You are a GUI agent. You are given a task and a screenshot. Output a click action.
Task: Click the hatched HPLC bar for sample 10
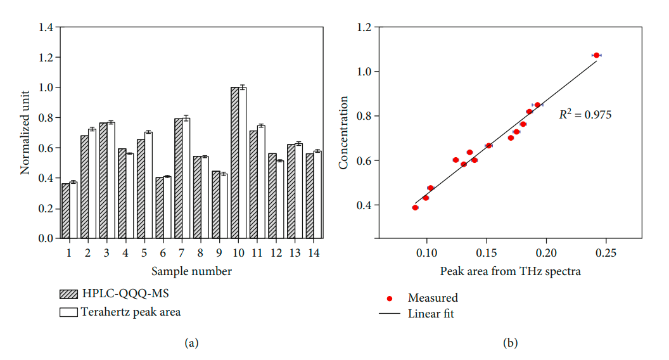(x=235, y=163)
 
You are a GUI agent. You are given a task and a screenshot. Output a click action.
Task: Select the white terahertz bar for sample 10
(x=242, y=163)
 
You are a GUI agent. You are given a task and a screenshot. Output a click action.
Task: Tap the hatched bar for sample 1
(x=65, y=211)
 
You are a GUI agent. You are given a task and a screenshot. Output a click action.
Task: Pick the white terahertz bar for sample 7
(x=186, y=178)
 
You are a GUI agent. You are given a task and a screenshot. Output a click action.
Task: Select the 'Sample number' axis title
(x=191, y=272)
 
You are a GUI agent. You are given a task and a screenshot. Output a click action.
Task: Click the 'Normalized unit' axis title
(x=26, y=133)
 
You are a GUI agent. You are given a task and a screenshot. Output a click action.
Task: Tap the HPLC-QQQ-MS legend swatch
(x=68, y=294)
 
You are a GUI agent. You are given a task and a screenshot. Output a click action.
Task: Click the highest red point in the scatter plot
(x=596, y=55)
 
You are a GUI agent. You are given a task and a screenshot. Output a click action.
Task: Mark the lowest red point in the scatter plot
(x=415, y=207)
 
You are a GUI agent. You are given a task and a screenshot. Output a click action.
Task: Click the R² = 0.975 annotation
(x=585, y=115)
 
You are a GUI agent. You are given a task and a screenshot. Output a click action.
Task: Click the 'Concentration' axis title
(x=344, y=132)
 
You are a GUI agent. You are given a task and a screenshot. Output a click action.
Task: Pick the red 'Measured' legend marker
(x=390, y=298)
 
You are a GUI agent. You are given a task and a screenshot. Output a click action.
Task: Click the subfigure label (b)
(x=510, y=343)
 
